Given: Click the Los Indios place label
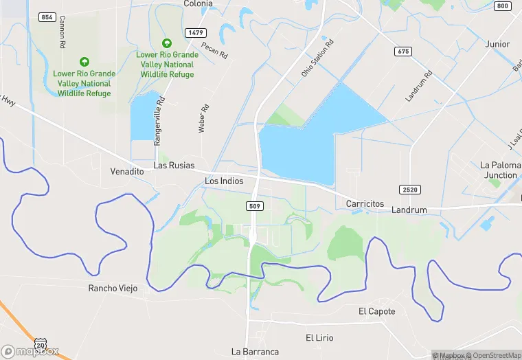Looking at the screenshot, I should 225,181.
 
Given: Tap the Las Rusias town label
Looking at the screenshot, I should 174,166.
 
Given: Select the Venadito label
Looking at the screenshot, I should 126,170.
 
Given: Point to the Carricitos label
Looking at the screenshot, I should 365,205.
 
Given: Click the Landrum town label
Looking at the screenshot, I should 409,210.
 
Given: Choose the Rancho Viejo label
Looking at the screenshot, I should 113,288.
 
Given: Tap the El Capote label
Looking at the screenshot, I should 377,311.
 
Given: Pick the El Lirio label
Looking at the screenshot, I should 319,338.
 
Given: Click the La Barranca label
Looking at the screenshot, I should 255,352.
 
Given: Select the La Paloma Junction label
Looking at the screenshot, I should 499,170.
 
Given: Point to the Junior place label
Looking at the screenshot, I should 497,44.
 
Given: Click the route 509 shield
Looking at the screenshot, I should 255,205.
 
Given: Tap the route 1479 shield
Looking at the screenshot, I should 196,32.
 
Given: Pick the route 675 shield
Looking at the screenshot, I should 403,52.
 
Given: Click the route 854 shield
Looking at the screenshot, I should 47,16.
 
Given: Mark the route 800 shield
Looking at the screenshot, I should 502,6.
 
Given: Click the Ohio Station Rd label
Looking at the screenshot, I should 317,58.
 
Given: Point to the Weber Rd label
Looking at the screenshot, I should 203,118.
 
